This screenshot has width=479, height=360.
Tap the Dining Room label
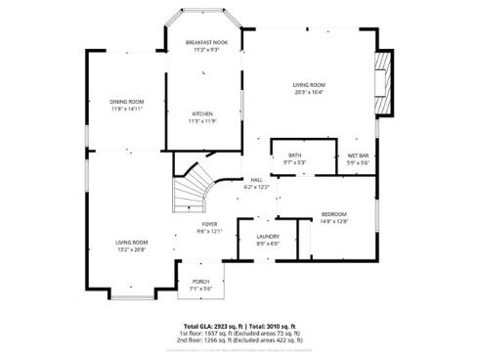click(x=127, y=102)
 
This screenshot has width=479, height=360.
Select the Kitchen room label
click(x=202, y=114)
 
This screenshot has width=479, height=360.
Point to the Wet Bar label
click(x=358, y=156)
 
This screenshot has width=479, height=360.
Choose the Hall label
click(x=256, y=180)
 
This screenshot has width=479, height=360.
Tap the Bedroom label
click(x=334, y=214)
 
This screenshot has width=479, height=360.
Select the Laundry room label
click(x=268, y=237)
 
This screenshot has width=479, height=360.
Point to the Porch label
click(x=200, y=282)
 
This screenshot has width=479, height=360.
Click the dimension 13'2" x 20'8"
click(x=132, y=249)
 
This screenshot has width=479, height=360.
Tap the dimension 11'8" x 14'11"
click(x=127, y=110)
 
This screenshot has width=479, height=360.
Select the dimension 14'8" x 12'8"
click(x=334, y=222)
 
